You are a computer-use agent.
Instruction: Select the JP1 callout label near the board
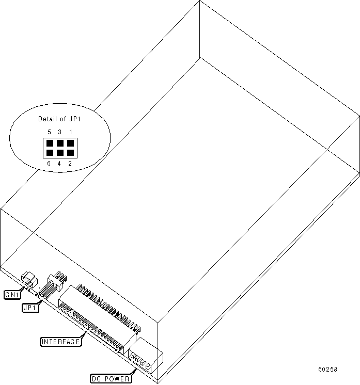[29, 308]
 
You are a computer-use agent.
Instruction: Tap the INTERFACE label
[60, 342]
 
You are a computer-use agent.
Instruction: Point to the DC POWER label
[111, 379]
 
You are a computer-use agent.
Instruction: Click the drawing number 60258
[327, 370]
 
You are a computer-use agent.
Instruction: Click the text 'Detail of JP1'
[59, 119]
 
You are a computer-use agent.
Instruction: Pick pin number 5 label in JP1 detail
[49, 132]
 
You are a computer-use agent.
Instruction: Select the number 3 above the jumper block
[59, 132]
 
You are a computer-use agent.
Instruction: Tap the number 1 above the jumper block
[70, 132]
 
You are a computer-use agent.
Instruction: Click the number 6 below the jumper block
[49, 164]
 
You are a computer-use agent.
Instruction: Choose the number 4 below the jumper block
[59, 164]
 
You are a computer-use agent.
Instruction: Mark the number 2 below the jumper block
[70, 164]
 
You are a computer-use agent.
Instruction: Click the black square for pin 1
[70, 143]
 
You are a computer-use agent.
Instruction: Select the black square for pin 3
[60, 143]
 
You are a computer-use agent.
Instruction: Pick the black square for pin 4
[60, 153]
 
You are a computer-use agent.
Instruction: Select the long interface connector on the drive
[98, 315]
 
